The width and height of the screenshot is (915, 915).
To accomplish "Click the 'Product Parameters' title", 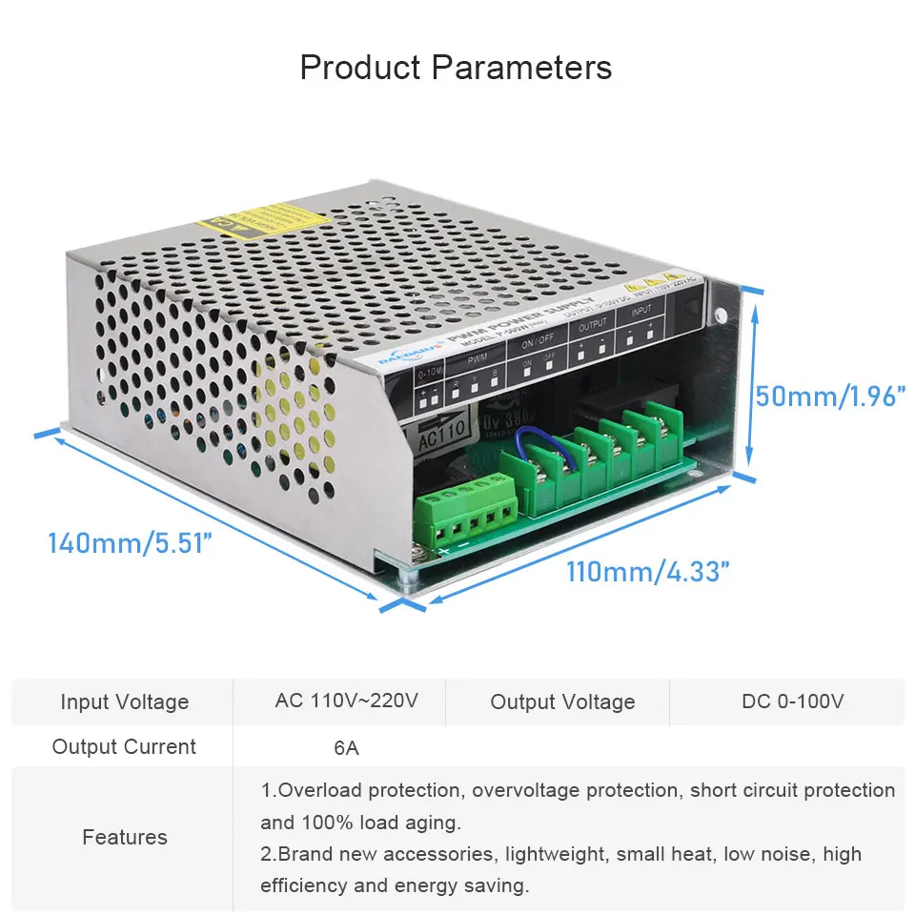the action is (456, 68).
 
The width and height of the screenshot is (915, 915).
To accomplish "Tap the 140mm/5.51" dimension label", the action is (130, 543).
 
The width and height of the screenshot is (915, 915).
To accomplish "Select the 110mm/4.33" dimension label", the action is (648, 572).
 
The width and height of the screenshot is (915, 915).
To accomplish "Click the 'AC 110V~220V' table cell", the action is (347, 701).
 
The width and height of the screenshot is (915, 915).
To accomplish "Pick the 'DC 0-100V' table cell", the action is (793, 701).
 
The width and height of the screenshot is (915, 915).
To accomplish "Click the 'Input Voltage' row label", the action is (125, 701).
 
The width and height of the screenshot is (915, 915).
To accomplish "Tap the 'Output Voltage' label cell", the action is (562, 702).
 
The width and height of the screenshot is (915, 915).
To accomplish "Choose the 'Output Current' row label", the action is (125, 747).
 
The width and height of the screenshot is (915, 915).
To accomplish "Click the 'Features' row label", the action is (125, 837).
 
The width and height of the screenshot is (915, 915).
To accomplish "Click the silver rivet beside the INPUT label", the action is (722, 315).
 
